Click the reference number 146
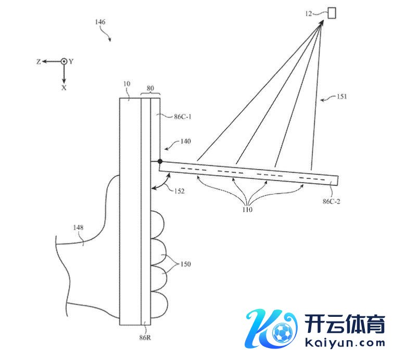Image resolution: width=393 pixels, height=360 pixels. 101,22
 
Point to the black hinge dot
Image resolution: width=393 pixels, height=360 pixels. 160,162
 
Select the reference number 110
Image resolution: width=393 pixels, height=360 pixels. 246,210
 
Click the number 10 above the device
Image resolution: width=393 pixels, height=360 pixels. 126,84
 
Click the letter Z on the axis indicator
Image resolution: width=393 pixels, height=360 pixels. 39,61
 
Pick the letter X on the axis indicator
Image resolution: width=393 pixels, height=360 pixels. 64,88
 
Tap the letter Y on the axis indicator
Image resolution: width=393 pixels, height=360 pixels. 71,61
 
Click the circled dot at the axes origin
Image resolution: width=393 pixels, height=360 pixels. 64,61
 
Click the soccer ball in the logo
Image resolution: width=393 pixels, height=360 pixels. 283,331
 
